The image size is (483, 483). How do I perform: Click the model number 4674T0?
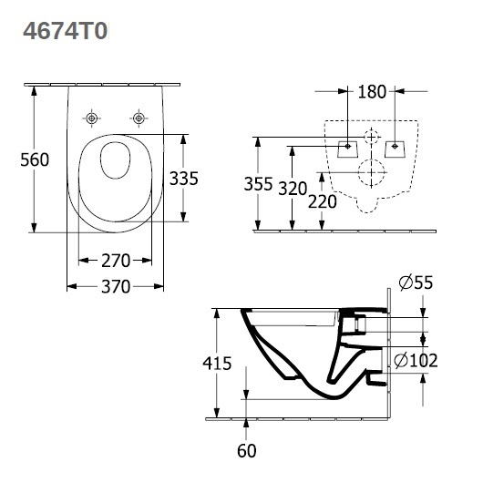pos(66,31)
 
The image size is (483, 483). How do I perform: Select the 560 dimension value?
pos(35,159)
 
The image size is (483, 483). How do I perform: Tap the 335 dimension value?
pos(183,179)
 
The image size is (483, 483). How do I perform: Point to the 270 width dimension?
pos(116,261)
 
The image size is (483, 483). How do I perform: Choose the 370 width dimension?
pos(116,286)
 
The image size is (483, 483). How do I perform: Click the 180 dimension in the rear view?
pos(372,91)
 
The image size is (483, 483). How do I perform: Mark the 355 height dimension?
pos(258,184)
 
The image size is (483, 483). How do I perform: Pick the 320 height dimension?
pos(293,189)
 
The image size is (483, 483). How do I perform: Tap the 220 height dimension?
pos(323,201)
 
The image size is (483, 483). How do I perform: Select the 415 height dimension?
pos(217,364)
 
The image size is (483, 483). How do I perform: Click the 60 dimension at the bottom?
pos(246,451)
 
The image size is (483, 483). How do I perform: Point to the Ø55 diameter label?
pos(416,283)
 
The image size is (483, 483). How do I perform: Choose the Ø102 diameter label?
pos(416,360)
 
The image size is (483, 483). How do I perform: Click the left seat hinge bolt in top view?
pos(91,118)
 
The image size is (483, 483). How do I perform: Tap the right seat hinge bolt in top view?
pos(139,118)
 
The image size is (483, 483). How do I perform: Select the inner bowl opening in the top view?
pos(115,160)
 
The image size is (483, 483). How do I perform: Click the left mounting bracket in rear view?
pos(348,149)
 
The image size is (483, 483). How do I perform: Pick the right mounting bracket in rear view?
pos(395,149)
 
